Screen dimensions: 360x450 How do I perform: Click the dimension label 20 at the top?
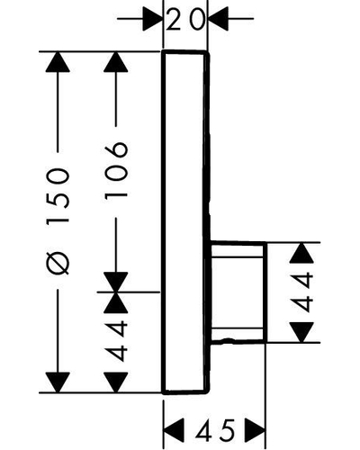pos(185,20)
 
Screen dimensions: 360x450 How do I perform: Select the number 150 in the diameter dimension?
pos(58,196)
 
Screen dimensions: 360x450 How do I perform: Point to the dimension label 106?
pos(116,170)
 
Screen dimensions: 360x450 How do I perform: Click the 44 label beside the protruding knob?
pos(301,292)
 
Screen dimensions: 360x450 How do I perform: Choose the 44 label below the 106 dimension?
pos(116,340)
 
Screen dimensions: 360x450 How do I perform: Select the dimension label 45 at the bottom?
pos(215,430)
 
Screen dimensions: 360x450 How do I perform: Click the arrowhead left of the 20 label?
pos(153,19)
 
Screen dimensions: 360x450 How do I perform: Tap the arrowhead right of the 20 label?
pos(218,19)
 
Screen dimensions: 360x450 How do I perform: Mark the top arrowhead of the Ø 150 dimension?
pos(58,62)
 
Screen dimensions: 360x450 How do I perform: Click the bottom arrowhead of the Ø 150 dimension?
pos(58,382)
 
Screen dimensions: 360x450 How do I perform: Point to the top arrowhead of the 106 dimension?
pos(116,62)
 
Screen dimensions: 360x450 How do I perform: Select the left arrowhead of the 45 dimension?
pos(174,430)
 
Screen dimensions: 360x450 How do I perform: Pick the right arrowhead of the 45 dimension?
pos(256,430)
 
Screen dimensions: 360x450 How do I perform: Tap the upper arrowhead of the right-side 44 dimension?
pos(301,253)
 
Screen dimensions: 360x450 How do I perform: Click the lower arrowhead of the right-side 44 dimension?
pos(301,332)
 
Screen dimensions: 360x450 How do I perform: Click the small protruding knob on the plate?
pos(238,292)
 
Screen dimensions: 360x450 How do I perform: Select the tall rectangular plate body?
pos(185,222)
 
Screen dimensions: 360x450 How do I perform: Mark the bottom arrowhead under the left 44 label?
pos(116,382)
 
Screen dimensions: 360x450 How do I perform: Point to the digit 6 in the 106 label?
pos(116,150)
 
